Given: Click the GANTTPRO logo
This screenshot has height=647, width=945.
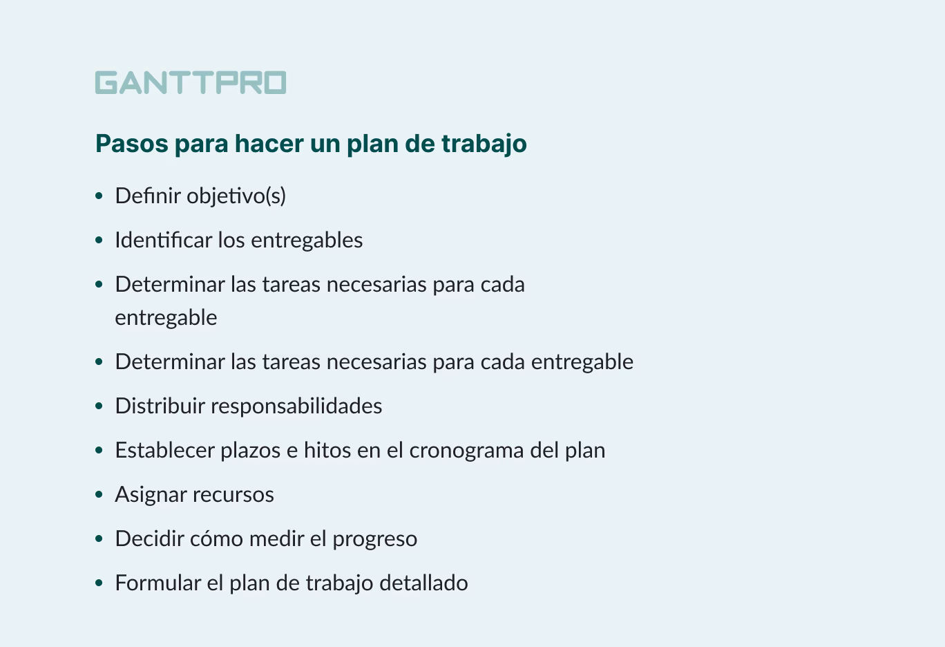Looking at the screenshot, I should click(x=191, y=82).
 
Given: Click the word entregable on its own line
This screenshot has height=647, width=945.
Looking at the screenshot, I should click(x=166, y=318).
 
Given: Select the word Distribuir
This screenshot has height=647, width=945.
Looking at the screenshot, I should click(x=160, y=406).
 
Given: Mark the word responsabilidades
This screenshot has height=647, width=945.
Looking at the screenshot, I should click(x=296, y=406).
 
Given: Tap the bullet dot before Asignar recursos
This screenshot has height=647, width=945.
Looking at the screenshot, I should click(x=99, y=495).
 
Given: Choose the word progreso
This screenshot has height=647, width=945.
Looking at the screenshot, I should click(x=374, y=539).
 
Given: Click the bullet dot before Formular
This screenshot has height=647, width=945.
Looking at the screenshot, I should click(x=99, y=583).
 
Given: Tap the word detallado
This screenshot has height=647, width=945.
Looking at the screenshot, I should click(x=433, y=583).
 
